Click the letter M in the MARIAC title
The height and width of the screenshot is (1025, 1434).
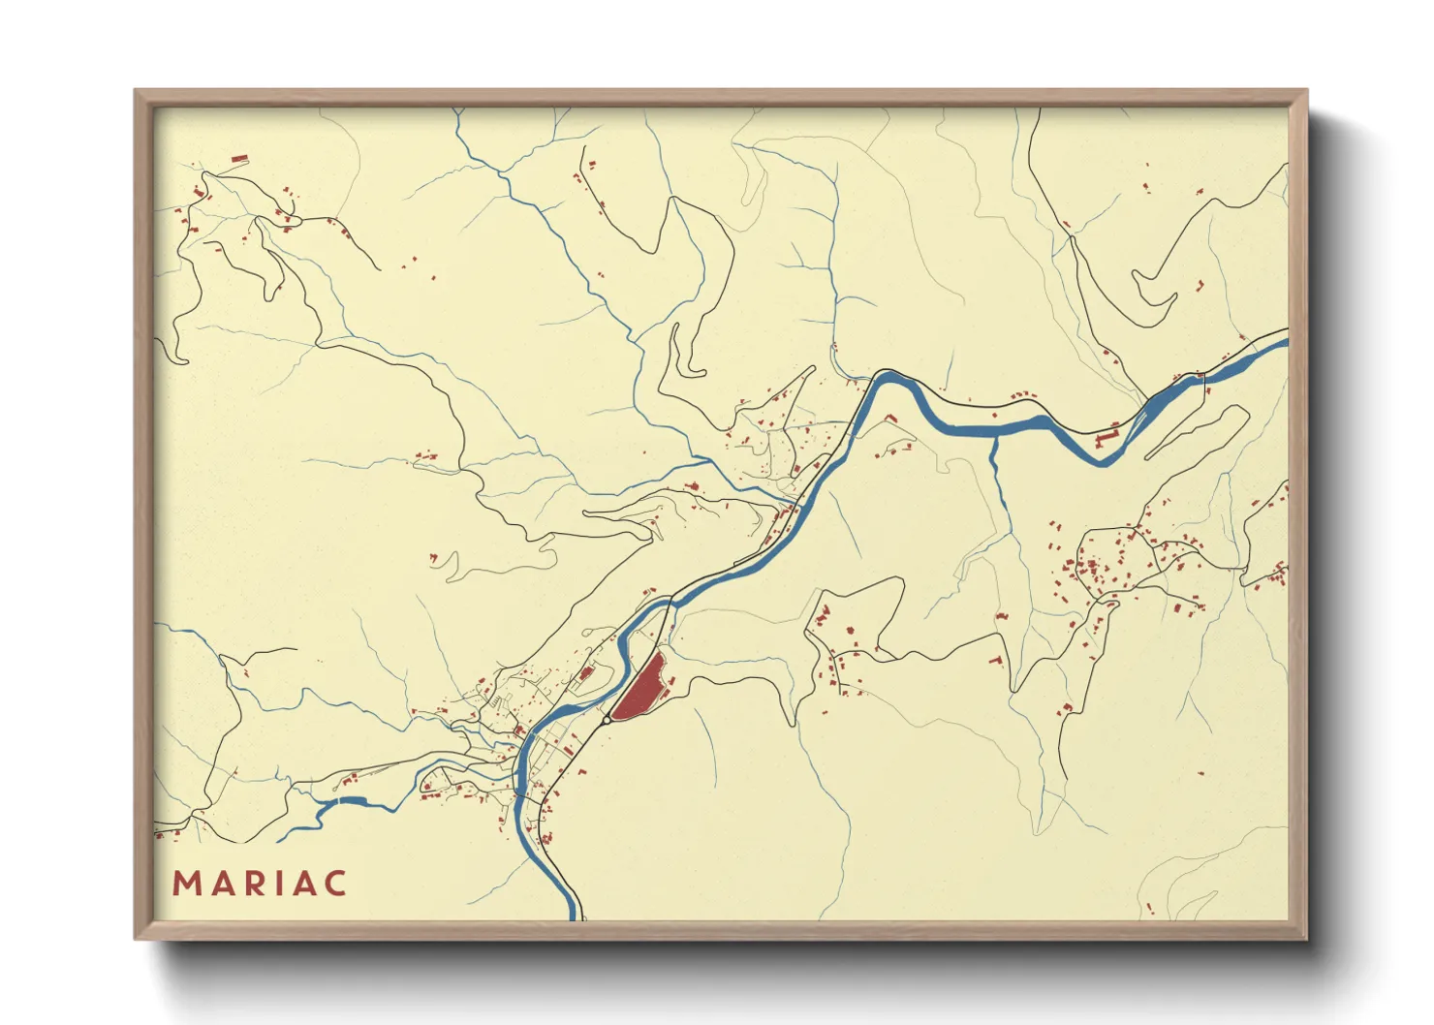[186, 884]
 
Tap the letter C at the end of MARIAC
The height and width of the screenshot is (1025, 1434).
[335, 884]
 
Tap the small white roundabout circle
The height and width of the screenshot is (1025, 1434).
[606, 720]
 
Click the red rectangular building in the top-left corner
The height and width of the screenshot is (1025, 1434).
[239, 159]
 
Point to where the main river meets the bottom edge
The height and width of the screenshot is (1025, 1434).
[574, 916]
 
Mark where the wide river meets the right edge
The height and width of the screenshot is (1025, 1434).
[1285, 340]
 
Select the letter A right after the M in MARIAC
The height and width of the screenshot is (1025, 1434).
[221, 884]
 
